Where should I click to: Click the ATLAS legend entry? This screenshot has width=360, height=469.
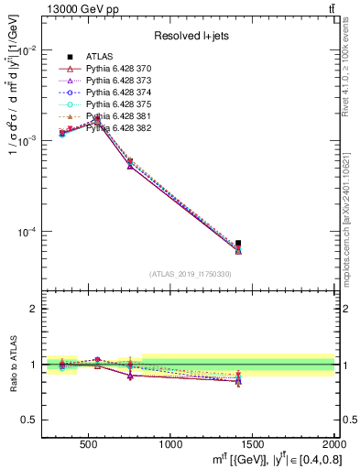click(x=98, y=58)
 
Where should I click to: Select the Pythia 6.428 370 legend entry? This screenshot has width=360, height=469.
click(x=116, y=70)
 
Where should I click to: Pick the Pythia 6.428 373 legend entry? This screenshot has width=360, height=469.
click(x=116, y=82)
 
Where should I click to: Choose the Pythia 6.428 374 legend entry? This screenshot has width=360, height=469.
click(x=116, y=93)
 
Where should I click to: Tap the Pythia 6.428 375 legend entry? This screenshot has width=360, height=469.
click(x=116, y=105)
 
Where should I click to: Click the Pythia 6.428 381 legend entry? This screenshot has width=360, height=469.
click(x=116, y=117)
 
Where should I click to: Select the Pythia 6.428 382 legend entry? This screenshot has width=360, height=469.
click(x=116, y=128)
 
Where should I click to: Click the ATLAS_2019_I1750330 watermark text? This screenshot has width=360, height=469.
click(x=191, y=274)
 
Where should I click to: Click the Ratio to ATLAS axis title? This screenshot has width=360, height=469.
click(x=11, y=364)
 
